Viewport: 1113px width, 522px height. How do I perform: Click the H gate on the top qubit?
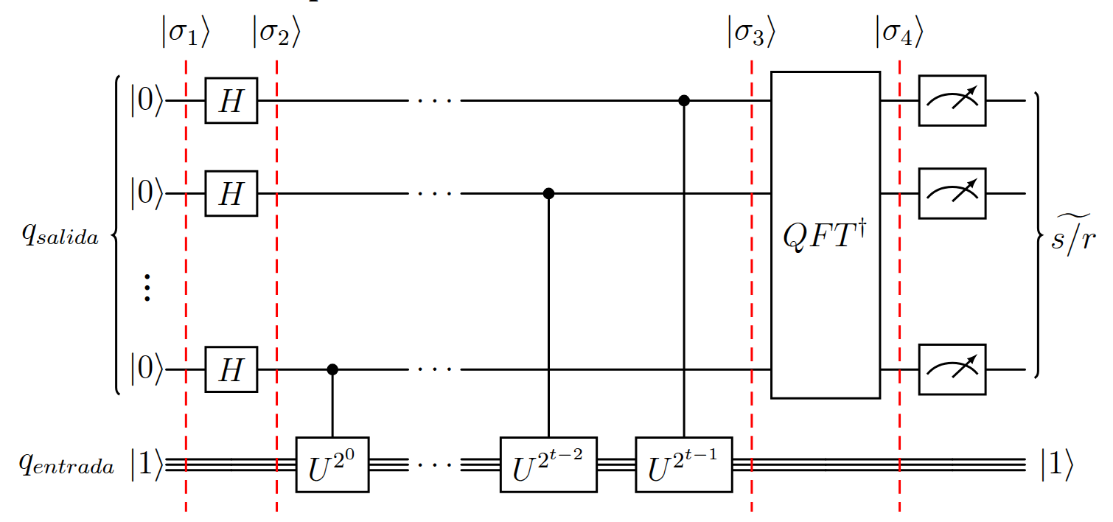pyautogui.click(x=231, y=100)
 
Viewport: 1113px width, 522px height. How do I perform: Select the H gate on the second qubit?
pyautogui.click(x=231, y=194)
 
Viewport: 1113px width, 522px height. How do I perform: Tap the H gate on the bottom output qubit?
pyautogui.click(x=231, y=369)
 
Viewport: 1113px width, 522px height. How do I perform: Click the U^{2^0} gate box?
pyautogui.click(x=332, y=464)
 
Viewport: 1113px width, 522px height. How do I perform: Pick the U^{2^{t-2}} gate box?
pyautogui.click(x=548, y=464)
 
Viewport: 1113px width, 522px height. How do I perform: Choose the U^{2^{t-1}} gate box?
pyautogui.click(x=683, y=464)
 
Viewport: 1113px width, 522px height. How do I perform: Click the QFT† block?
pyautogui.click(x=826, y=234)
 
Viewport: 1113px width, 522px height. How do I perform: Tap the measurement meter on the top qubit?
pyautogui.click(x=952, y=100)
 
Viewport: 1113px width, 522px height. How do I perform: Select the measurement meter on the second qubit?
pyautogui.click(x=952, y=194)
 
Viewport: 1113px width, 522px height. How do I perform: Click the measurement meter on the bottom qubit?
pyautogui.click(x=952, y=369)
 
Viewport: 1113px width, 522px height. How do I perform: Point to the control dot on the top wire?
pyautogui.click(x=683, y=100)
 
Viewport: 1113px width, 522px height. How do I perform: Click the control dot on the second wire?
pyautogui.click(x=548, y=194)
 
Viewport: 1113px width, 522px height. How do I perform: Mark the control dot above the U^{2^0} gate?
pyautogui.click(x=332, y=369)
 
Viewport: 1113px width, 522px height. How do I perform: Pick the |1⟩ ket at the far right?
pyautogui.click(x=1056, y=465)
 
